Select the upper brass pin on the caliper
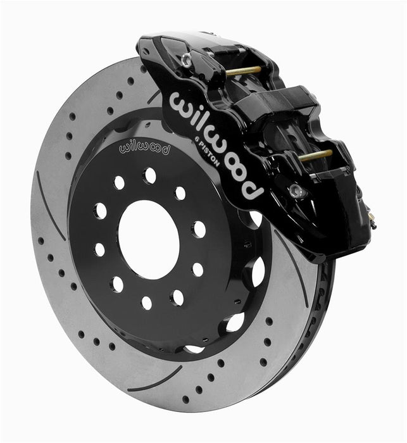point(243,70)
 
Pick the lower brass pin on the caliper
point(316,154)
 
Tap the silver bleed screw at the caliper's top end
point(185,60)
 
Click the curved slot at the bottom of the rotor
point(155,380)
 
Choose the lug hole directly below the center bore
point(147,302)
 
